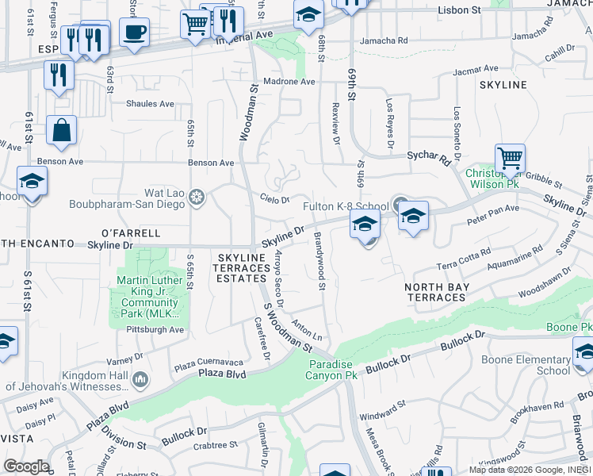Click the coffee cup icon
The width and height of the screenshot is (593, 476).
(134, 33)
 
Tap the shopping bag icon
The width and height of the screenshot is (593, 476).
(61, 130)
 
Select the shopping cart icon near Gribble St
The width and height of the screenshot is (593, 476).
(510, 159)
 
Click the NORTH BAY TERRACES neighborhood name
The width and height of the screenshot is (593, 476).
(436, 292)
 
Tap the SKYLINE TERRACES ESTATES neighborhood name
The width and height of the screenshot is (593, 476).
(242, 268)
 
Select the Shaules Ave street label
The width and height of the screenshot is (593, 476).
(150, 104)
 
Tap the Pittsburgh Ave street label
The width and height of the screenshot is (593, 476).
(155, 329)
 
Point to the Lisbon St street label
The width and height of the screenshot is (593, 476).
(460, 10)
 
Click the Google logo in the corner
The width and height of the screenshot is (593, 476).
(25, 466)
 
